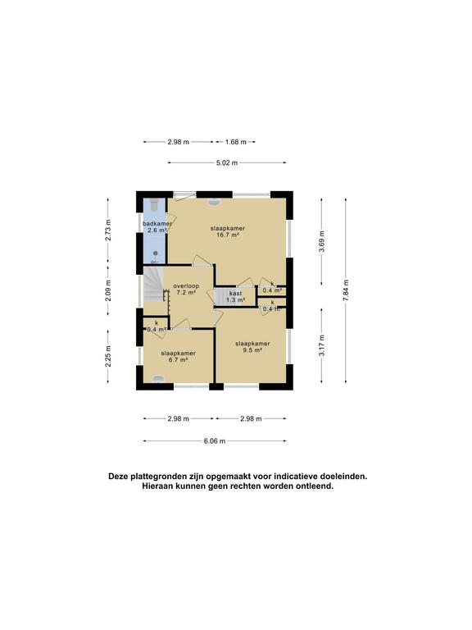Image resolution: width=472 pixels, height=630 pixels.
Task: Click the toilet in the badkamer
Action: [x=155, y=204]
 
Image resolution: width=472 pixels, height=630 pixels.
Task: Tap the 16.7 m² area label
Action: [x=228, y=235]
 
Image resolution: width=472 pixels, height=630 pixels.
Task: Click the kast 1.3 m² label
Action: [x=235, y=296]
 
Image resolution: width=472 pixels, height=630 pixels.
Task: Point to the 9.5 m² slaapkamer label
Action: [x=252, y=347]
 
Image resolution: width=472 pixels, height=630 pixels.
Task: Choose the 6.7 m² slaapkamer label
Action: [x=178, y=356]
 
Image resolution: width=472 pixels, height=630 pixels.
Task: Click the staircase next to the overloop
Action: [x=154, y=285]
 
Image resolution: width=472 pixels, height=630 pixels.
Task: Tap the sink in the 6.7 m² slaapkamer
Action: [x=158, y=379]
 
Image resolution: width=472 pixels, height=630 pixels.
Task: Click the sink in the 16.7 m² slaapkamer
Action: [x=214, y=202]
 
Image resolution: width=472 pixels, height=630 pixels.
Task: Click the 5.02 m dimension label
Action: [x=227, y=162]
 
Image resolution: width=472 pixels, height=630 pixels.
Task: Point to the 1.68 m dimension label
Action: [x=236, y=142]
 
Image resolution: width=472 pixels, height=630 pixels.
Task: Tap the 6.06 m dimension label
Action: [x=215, y=441]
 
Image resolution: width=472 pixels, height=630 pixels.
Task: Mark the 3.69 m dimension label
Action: [x=321, y=241]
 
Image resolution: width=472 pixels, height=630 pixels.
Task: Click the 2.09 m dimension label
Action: [x=108, y=290]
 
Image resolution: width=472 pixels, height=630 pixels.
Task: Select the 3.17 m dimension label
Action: [x=321, y=345]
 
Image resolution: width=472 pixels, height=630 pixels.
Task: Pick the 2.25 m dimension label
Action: [x=108, y=356]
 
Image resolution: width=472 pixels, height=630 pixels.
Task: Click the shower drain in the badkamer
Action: [x=156, y=253]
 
